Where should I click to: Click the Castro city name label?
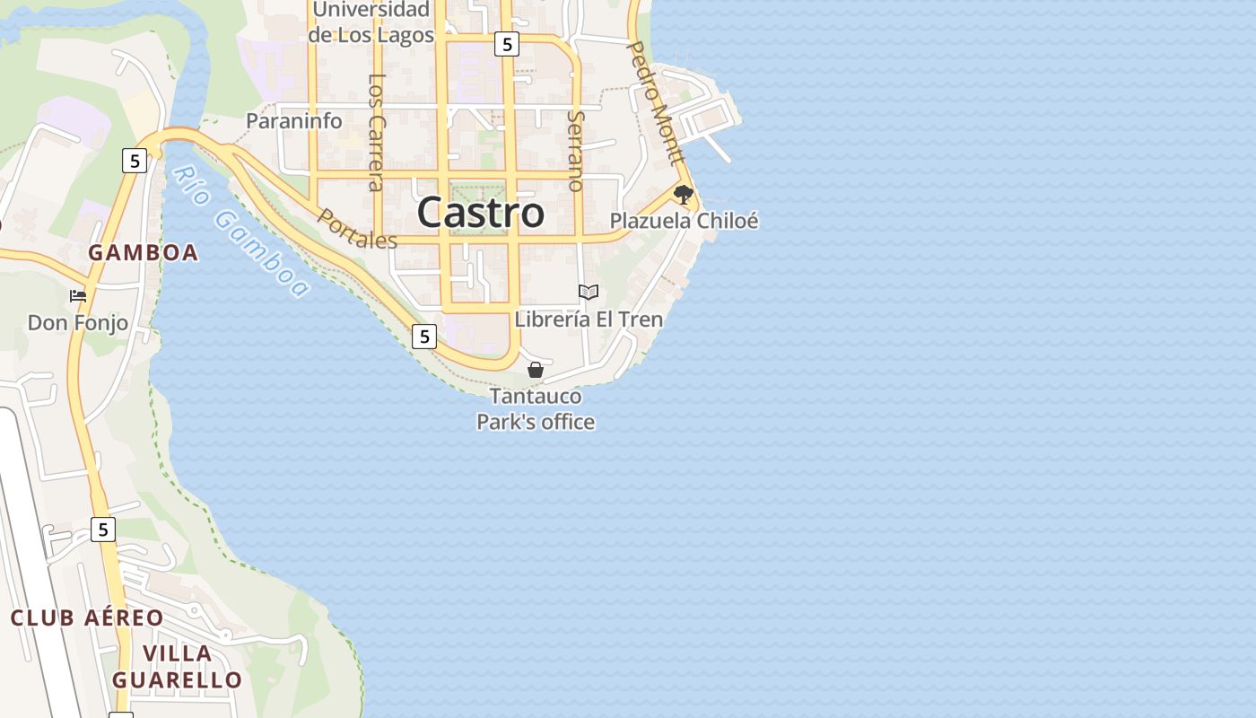pos(480,214)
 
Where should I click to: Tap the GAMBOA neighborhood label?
pos(144,253)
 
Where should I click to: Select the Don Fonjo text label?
pos(78,323)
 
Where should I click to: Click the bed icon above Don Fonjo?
pos(78,295)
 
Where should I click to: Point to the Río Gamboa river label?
pos(240,232)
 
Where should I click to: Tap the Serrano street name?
pos(576,151)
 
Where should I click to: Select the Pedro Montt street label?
pos(654,102)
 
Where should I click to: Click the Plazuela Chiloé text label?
pos(684,221)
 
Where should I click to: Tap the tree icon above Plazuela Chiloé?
pos(684,194)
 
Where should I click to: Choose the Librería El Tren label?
pos(589,320)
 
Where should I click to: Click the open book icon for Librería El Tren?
pos(589,292)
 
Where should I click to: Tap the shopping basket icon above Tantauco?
pos(536,370)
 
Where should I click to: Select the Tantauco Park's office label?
pos(536,409)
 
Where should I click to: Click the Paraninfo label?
pos(294,121)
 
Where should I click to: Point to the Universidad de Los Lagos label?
pos(371,23)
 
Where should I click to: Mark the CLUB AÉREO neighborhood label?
pos(87,618)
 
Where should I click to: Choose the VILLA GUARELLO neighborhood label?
pos(177,667)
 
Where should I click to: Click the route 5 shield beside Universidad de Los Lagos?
pos(507,43)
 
